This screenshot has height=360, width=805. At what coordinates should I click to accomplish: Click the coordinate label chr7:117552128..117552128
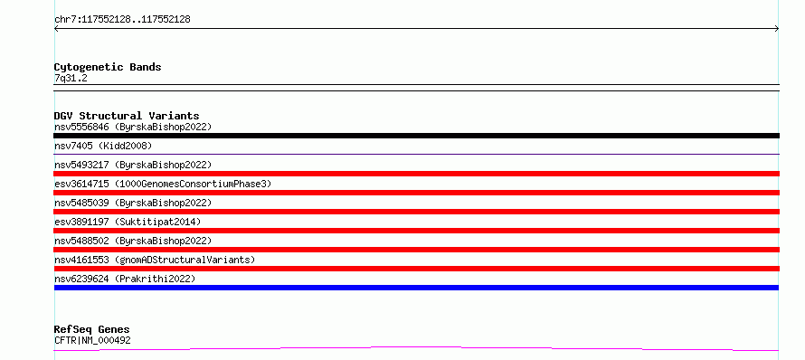tap(122, 20)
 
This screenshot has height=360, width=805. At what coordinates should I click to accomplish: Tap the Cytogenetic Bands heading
tap(108, 67)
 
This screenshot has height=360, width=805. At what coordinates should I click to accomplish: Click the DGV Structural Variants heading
tap(127, 116)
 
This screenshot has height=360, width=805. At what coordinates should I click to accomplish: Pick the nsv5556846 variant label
tap(133, 127)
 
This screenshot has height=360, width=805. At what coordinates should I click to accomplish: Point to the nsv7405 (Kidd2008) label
tap(103, 146)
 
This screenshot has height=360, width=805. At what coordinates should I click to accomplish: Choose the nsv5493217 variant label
tap(133, 165)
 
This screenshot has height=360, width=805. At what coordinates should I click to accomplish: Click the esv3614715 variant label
tap(163, 184)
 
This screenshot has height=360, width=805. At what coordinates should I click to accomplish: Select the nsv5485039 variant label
tap(133, 203)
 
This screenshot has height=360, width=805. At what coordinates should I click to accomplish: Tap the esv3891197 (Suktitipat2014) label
tap(128, 222)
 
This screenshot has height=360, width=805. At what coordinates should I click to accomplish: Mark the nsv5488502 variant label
tap(133, 241)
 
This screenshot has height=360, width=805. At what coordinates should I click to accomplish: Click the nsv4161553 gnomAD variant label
tap(155, 260)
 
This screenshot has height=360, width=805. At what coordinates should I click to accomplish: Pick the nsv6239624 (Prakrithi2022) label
tap(125, 279)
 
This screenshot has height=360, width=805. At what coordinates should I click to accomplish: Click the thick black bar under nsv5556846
tap(416, 136)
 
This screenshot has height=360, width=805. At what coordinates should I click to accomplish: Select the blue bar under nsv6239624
tap(416, 288)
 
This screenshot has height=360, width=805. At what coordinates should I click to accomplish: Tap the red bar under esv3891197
tap(416, 231)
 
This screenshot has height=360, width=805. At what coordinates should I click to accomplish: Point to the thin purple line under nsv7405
tap(416, 154)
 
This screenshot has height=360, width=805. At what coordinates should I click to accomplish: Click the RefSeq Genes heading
tap(91, 329)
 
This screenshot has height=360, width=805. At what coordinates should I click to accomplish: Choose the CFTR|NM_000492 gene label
tap(92, 340)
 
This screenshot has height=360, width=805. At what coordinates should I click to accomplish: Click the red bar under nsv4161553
tap(416, 269)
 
